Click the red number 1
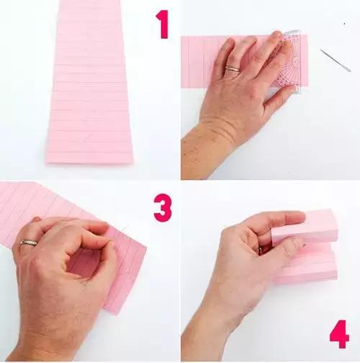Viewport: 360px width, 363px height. click(163, 24)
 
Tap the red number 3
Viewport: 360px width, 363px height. click(163, 208)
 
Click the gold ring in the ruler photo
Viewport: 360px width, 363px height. click(233, 69)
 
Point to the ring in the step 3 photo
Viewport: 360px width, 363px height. click(29, 243)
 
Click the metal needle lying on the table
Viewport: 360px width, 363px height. click(336, 60)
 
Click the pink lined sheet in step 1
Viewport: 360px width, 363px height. click(89, 81)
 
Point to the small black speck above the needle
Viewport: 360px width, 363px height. click(344, 24)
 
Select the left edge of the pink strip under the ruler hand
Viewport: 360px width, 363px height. click(181, 62)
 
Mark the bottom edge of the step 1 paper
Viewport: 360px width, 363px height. click(89, 163)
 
